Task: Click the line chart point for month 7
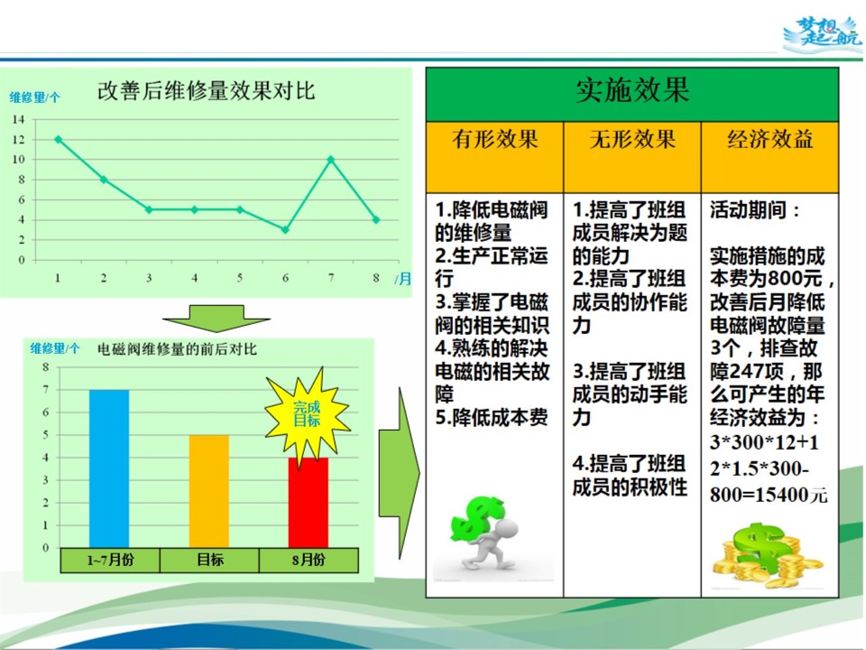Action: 331,160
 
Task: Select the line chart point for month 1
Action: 58,139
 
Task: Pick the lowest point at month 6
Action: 285,229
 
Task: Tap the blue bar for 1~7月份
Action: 109,469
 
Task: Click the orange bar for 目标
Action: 208,491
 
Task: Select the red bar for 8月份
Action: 309,503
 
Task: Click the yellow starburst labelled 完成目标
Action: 307,414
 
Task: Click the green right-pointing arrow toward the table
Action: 399,472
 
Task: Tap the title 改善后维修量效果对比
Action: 206,91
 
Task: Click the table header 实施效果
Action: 632,89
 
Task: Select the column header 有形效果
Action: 495,139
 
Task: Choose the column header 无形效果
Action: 632,139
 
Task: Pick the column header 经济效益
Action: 769,139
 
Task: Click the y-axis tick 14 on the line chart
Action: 19,119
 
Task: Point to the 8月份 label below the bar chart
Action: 309,560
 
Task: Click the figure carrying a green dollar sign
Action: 484,534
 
